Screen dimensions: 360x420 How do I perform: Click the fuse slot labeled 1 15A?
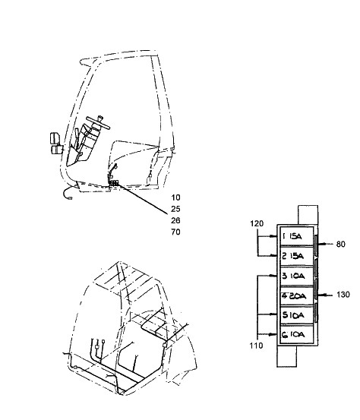click(x=296, y=236)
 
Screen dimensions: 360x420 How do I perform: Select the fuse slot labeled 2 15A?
click(x=296, y=256)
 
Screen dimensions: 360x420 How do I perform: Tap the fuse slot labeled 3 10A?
click(x=296, y=276)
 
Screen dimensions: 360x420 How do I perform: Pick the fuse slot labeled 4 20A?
click(x=296, y=295)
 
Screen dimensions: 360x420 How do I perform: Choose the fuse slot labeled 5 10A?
click(x=296, y=314)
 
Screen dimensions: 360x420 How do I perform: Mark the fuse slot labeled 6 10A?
click(x=296, y=334)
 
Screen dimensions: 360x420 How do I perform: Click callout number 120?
click(x=257, y=223)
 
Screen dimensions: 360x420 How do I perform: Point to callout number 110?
click(x=257, y=346)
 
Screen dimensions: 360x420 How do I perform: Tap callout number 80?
click(x=341, y=245)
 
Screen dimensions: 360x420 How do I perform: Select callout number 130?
click(x=343, y=295)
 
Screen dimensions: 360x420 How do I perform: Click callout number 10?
click(x=175, y=197)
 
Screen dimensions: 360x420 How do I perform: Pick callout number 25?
click(x=175, y=209)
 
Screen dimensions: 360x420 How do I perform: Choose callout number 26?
click(x=175, y=220)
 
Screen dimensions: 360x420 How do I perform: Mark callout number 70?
click(x=175, y=232)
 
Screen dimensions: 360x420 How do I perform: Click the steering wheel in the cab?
click(x=98, y=122)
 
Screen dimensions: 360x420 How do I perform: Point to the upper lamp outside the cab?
click(x=55, y=138)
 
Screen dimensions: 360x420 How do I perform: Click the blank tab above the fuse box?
click(x=308, y=215)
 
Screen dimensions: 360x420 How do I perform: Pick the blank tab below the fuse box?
click(x=286, y=356)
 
